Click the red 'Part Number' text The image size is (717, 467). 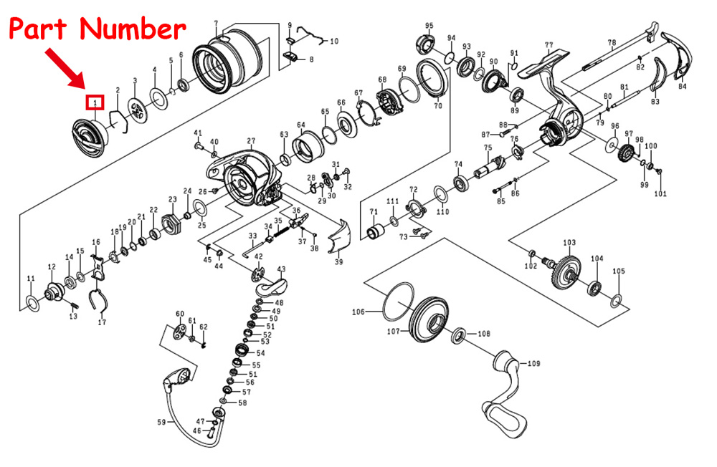click(96, 30)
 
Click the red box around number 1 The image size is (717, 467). click(95, 103)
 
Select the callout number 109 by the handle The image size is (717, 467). click(533, 364)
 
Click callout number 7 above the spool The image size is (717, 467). click(215, 24)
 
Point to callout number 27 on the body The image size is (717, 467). click(251, 141)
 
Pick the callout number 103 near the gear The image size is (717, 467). click(569, 243)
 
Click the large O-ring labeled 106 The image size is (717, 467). click(399, 301)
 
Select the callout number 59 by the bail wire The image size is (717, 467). click(161, 422)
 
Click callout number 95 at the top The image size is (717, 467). click(429, 26)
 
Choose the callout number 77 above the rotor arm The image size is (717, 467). click(549, 45)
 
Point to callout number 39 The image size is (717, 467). click(338, 262)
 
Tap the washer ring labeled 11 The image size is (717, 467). click(31, 299)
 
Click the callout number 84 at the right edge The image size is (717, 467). click(682, 86)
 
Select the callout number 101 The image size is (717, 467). click(660, 193)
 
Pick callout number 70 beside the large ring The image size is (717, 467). click(437, 105)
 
